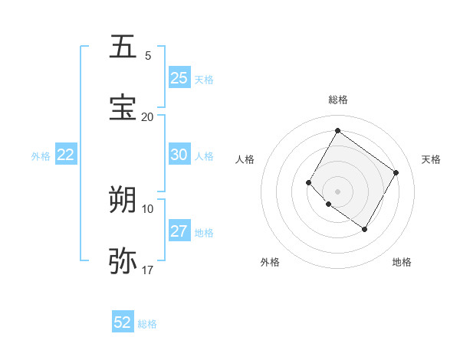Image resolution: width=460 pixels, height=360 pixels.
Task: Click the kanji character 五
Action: [123, 47]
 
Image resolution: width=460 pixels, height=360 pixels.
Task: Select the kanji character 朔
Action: [123, 200]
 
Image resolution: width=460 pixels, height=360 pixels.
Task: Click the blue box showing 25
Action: [179, 78]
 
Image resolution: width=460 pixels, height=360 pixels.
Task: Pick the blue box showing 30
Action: [179, 155]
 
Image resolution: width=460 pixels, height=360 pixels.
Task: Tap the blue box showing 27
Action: [179, 231]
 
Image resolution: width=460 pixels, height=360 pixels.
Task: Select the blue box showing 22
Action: [66, 155]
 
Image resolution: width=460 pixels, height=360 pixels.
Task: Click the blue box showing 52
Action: [123, 322]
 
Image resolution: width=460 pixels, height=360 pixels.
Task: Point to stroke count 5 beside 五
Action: [148, 55]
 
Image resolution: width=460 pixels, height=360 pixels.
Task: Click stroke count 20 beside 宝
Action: [148, 116]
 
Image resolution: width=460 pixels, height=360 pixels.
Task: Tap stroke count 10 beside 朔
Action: [148, 208]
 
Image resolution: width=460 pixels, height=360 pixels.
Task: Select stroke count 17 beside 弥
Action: [148, 270]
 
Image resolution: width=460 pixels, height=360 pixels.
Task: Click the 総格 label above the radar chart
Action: [337, 100]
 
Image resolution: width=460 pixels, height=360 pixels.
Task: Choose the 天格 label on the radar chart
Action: [432, 159]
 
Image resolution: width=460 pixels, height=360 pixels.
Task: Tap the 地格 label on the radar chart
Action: [402, 262]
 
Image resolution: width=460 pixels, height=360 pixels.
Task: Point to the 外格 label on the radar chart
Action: [270, 262]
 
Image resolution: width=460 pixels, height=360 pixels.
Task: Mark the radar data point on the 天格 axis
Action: [396, 172]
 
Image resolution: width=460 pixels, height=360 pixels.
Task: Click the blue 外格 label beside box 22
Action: [41, 155]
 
